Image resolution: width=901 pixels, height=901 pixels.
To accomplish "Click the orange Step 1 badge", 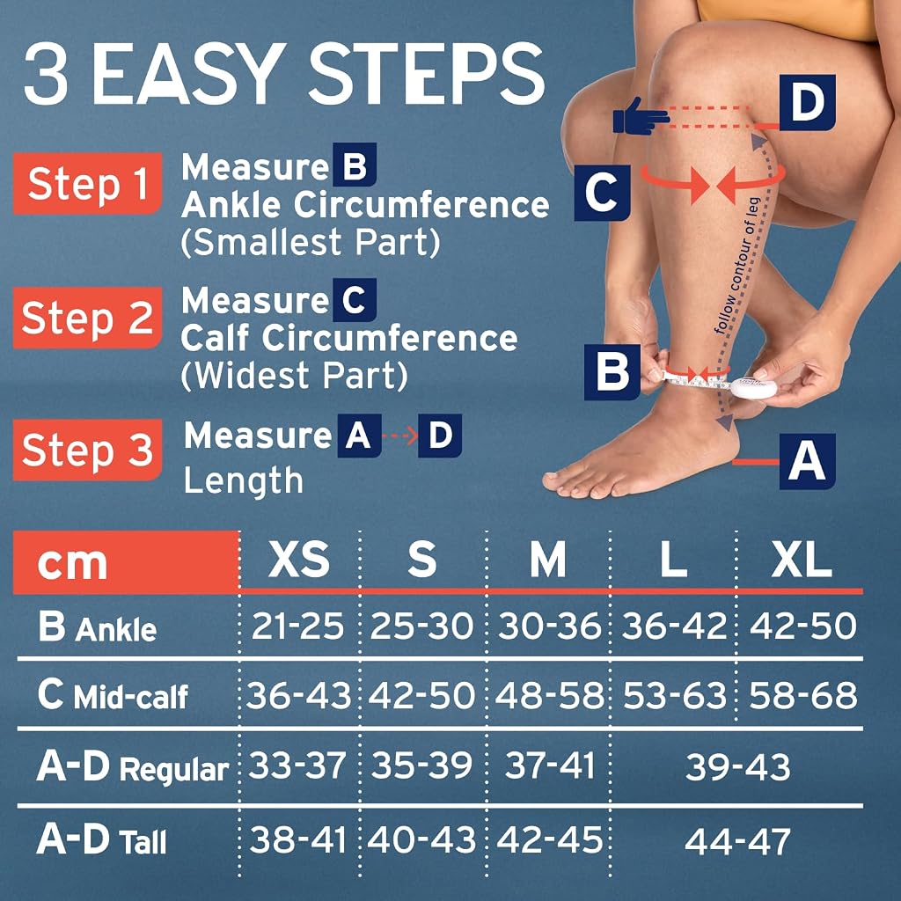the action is click(x=87, y=183).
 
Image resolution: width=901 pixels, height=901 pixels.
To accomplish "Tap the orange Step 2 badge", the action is click(x=87, y=318).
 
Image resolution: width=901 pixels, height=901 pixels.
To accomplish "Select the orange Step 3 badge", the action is click(x=87, y=450).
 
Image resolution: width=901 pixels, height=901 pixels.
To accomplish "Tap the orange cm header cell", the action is click(x=126, y=562).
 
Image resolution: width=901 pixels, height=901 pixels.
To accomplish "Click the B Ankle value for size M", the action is click(x=549, y=626).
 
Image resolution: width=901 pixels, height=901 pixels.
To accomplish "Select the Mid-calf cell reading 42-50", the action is click(x=421, y=695).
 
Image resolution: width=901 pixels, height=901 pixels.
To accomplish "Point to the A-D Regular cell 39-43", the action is click(x=738, y=767).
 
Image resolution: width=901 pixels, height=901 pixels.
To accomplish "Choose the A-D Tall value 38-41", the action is click(x=298, y=839).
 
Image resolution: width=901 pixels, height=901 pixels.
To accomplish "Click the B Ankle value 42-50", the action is click(x=802, y=626).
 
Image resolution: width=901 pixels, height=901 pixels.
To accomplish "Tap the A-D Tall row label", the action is click(x=102, y=839).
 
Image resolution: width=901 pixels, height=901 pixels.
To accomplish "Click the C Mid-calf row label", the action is click(x=113, y=695).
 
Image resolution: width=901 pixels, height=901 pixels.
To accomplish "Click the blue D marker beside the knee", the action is click(x=808, y=102).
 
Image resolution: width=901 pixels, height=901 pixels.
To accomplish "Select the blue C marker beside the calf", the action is click(x=602, y=193).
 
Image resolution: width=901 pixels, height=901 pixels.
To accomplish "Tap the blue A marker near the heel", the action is click(x=808, y=461).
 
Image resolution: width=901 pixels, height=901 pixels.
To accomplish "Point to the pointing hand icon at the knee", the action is click(x=641, y=117).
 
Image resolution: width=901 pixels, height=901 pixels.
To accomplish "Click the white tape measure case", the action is click(x=753, y=387).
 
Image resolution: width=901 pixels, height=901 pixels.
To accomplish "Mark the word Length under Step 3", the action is click(x=243, y=481).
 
